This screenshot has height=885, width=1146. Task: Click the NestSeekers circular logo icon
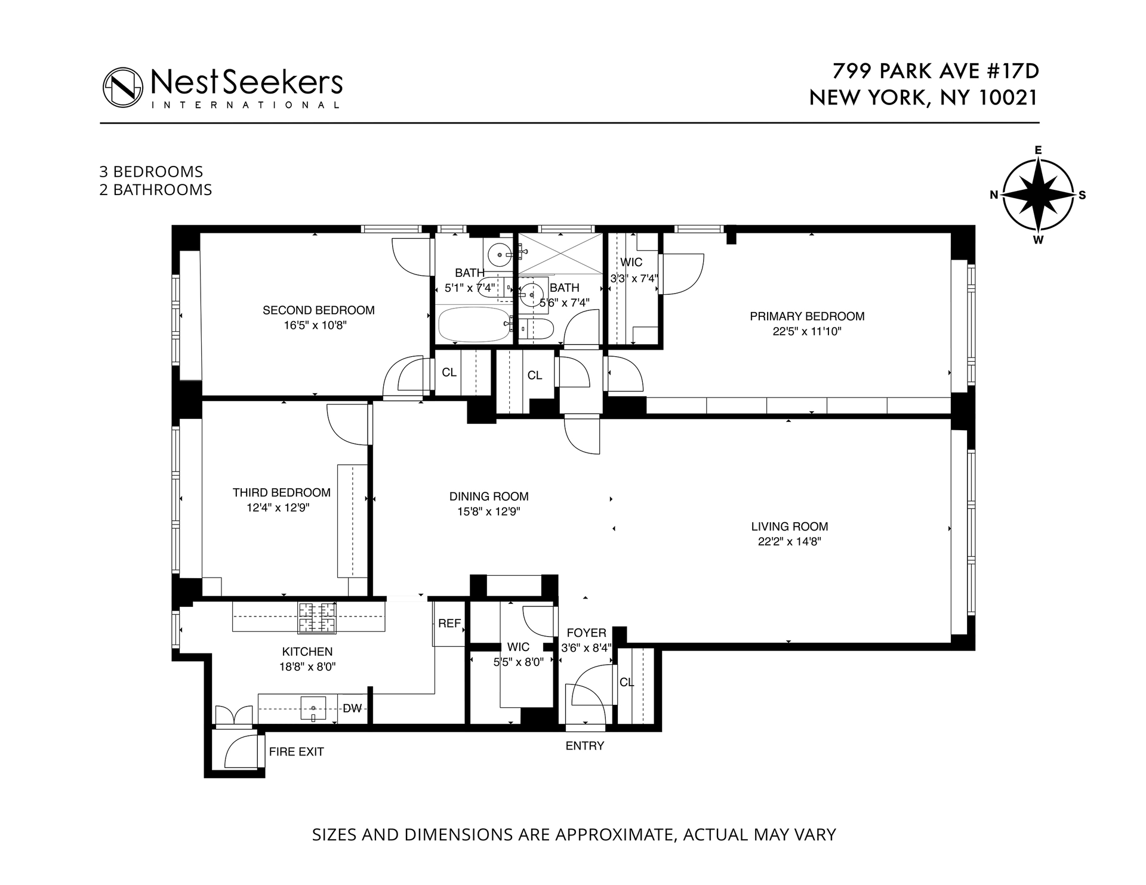(123, 87)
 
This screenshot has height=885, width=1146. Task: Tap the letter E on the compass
(1038, 150)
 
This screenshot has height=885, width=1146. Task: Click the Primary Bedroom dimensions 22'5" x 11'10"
(806, 332)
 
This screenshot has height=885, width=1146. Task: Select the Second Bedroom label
(319, 310)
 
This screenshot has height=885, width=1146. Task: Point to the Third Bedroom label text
(281, 492)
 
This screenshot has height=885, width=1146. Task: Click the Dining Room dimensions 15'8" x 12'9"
(488, 511)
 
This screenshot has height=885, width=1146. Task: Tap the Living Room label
(789, 526)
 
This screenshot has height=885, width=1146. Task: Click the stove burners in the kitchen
(317, 618)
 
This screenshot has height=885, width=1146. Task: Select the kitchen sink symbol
(313, 709)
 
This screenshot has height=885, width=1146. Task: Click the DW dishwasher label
(352, 708)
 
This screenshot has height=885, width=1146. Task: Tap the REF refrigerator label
(449, 624)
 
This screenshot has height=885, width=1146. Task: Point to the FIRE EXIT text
(296, 752)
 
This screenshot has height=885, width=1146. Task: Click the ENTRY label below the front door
(584, 746)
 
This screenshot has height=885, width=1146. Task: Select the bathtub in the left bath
(474, 324)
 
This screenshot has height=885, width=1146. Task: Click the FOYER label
(586, 633)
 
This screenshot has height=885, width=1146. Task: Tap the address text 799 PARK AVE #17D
(935, 71)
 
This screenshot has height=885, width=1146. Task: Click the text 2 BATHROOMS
(156, 190)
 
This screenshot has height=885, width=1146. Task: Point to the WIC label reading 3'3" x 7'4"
(633, 279)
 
